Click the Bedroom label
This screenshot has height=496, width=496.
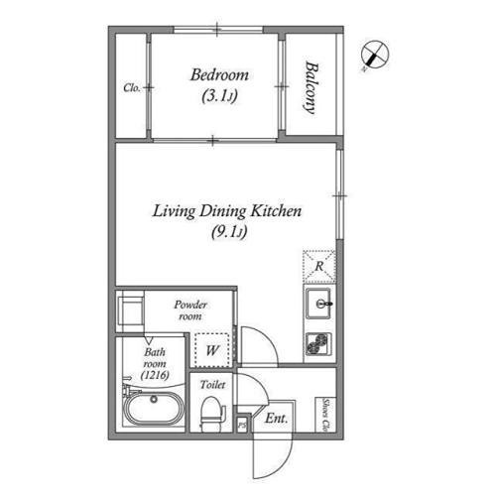(219, 75)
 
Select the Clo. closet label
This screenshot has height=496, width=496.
(132, 88)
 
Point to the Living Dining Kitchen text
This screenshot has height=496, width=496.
(227, 211)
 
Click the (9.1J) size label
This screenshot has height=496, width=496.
(229, 232)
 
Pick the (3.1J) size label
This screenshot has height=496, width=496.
(219, 96)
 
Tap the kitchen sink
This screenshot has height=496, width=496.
(318, 304)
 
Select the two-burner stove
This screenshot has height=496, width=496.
(318, 344)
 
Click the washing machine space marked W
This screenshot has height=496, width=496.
(212, 350)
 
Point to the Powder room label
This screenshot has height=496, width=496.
(190, 310)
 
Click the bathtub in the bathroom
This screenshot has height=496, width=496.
(154, 409)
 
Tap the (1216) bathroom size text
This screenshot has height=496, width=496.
(155, 375)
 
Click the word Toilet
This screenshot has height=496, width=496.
(212, 385)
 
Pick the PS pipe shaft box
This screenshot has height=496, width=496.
(242, 425)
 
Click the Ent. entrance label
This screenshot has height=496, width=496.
(276, 419)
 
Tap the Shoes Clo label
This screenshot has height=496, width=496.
(325, 415)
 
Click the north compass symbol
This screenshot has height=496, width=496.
(375, 55)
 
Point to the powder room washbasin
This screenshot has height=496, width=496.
(131, 310)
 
